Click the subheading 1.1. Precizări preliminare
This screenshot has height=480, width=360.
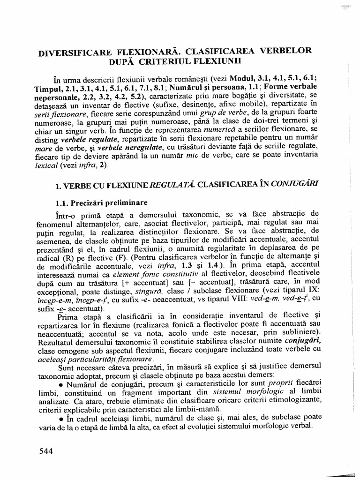coord(100,202)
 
